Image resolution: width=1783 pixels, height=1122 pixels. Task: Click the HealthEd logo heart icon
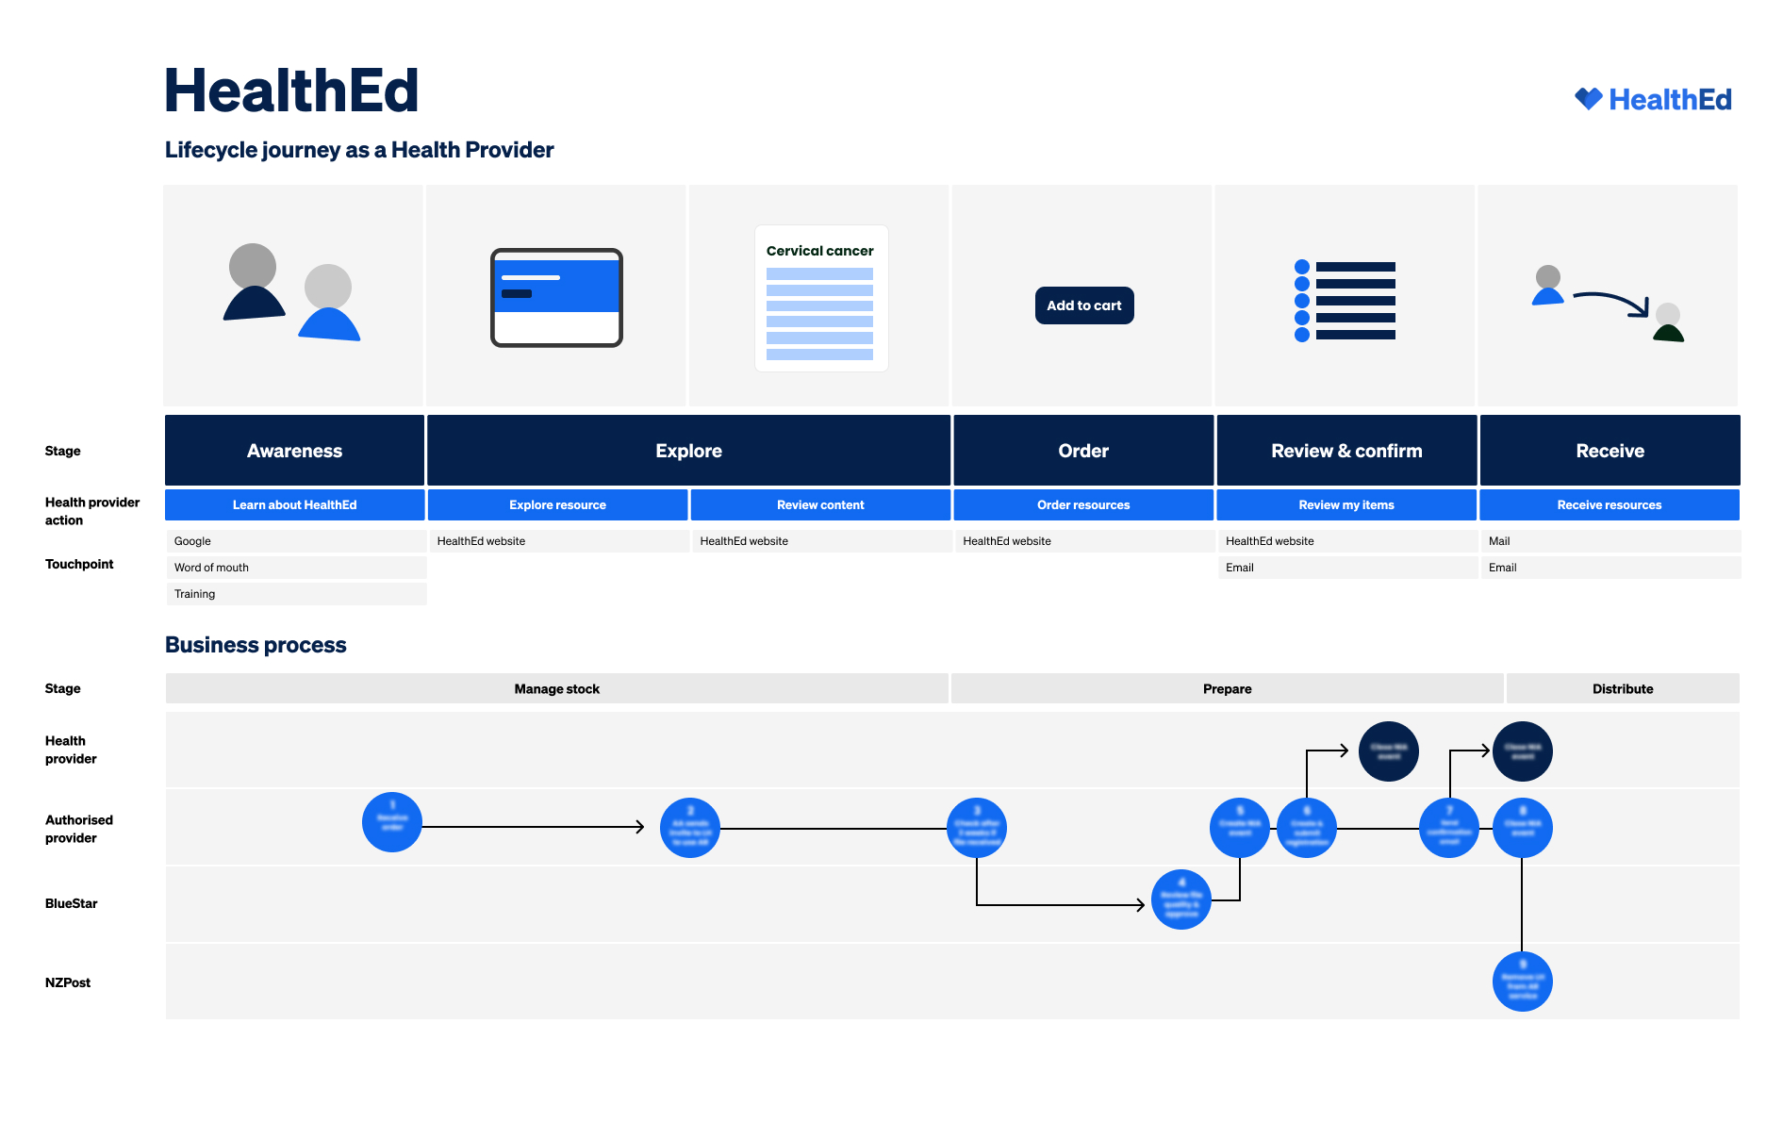pos(1589,99)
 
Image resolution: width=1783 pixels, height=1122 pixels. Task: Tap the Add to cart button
pos(1083,305)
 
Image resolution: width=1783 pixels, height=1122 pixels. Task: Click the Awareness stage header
pos(294,451)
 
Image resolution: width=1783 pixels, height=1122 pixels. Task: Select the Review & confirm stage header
pos(1346,451)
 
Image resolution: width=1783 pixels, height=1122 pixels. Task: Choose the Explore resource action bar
pos(557,505)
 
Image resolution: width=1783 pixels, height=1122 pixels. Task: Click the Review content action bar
pos(820,505)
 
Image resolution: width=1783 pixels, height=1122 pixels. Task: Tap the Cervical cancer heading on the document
pos(819,251)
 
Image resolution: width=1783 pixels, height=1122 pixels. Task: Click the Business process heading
pos(256,645)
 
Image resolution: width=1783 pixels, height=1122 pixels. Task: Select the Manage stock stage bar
pos(556,689)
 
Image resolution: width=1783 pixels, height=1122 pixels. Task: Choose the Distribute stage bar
pos(1622,689)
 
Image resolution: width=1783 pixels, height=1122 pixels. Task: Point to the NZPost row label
pos(68,982)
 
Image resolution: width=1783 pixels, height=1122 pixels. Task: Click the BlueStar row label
pos(72,903)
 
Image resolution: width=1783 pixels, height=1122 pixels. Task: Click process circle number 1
pos(392,822)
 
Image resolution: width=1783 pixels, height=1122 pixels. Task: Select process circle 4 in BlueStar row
pos(1180,899)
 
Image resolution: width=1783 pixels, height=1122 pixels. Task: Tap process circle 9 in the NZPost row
pos(1522,981)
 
